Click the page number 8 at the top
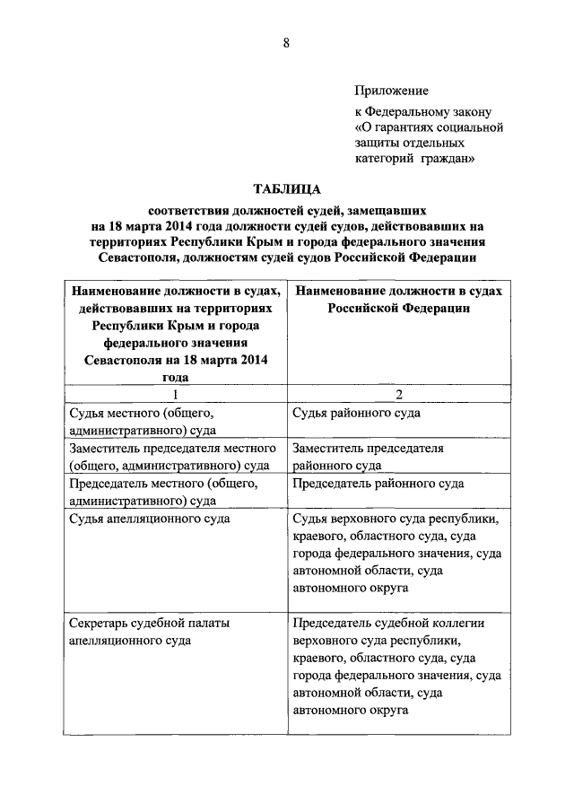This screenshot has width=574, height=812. tap(286, 43)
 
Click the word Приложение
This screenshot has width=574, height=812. tap(391, 91)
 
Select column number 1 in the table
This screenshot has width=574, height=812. tap(175, 395)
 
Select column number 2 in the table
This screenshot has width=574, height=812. tap(397, 395)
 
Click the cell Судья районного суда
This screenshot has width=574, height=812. tap(356, 414)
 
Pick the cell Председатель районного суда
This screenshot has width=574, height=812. tap(378, 484)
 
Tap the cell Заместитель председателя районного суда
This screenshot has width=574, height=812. tap(368, 457)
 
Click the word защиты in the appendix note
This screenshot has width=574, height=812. tap(377, 144)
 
